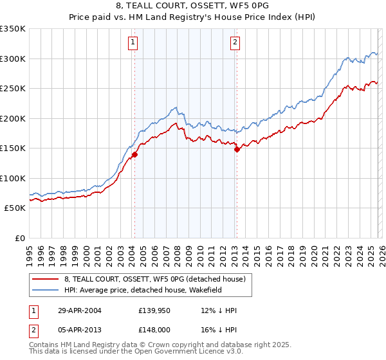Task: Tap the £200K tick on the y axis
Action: (x=13, y=118)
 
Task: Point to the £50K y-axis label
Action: (x=15, y=208)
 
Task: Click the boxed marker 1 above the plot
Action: (x=133, y=43)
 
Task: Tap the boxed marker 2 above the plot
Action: (x=235, y=43)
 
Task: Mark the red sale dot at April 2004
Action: (x=135, y=154)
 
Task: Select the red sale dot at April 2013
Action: (x=237, y=149)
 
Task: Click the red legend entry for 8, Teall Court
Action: (x=155, y=280)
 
